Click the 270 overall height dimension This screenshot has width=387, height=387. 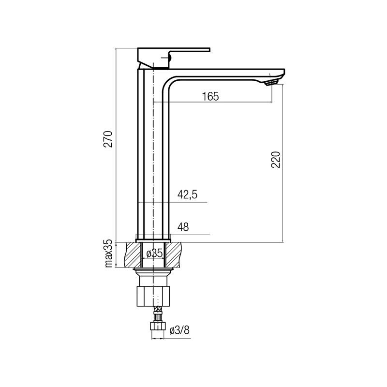(108, 139)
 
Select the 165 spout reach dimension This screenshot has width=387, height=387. (210, 96)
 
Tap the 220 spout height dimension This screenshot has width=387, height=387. (276, 160)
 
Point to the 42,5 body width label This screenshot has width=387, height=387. (187, 195)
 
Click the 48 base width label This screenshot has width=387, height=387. (183, 227)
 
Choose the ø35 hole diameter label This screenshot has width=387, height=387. (154, 253)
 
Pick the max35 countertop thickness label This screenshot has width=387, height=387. (109, 253)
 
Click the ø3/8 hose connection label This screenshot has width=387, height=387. (179, 330)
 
